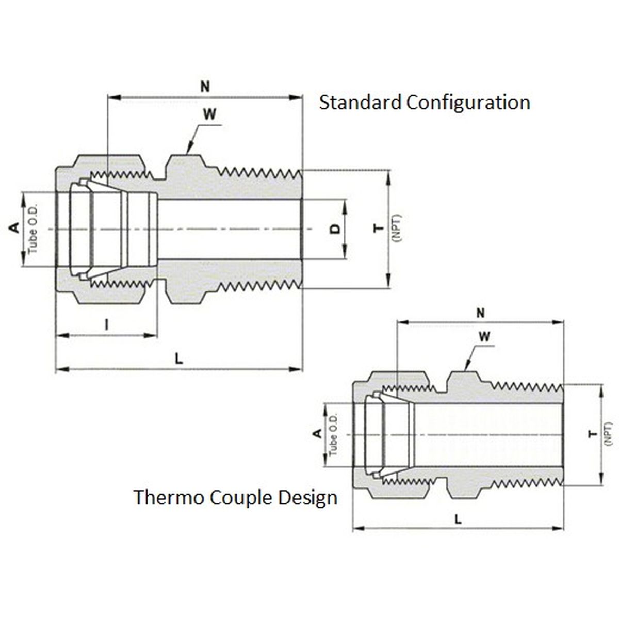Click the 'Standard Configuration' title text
[x=425, y=102]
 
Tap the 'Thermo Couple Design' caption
[x=236, y=498]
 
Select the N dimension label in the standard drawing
[x=205, y=86]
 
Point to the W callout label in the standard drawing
[x=209, y=115]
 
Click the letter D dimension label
[x=335, y=229]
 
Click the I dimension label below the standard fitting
[x=106, y=324]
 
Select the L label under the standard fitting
[x=178, y=359]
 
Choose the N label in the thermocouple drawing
[x=481, y=313]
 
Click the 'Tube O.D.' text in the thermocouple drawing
[x=333, y=434]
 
